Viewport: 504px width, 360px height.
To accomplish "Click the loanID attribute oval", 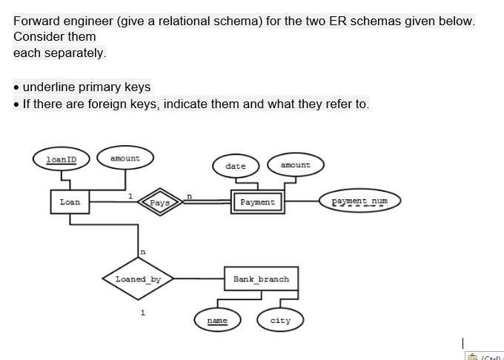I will click(x=62, y=159).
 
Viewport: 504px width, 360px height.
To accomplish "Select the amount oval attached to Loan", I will click(x=125, y=158).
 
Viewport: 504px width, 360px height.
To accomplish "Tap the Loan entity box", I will click(x=70, y=201).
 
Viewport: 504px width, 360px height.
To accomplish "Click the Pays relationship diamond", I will click(x=159, y=202).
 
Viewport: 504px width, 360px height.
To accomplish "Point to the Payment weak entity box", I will click(x=257, y=201).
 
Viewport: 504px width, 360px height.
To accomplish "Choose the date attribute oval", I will click(x=235, y=166).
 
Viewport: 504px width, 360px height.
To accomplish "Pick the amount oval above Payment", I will click(x=296, y=165).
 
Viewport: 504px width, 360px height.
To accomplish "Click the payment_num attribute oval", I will click(x=359, y=201).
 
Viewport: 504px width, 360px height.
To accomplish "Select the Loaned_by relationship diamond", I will click(x=139, y=280).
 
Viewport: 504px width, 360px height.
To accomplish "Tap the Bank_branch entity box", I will click(x=261, y=279).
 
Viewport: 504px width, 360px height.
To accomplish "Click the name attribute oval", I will click(x=217, y=321).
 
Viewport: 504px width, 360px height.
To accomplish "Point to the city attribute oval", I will click(x=280, y=321).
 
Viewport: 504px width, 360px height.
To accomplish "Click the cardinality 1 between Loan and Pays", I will click(x=130, y=196).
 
